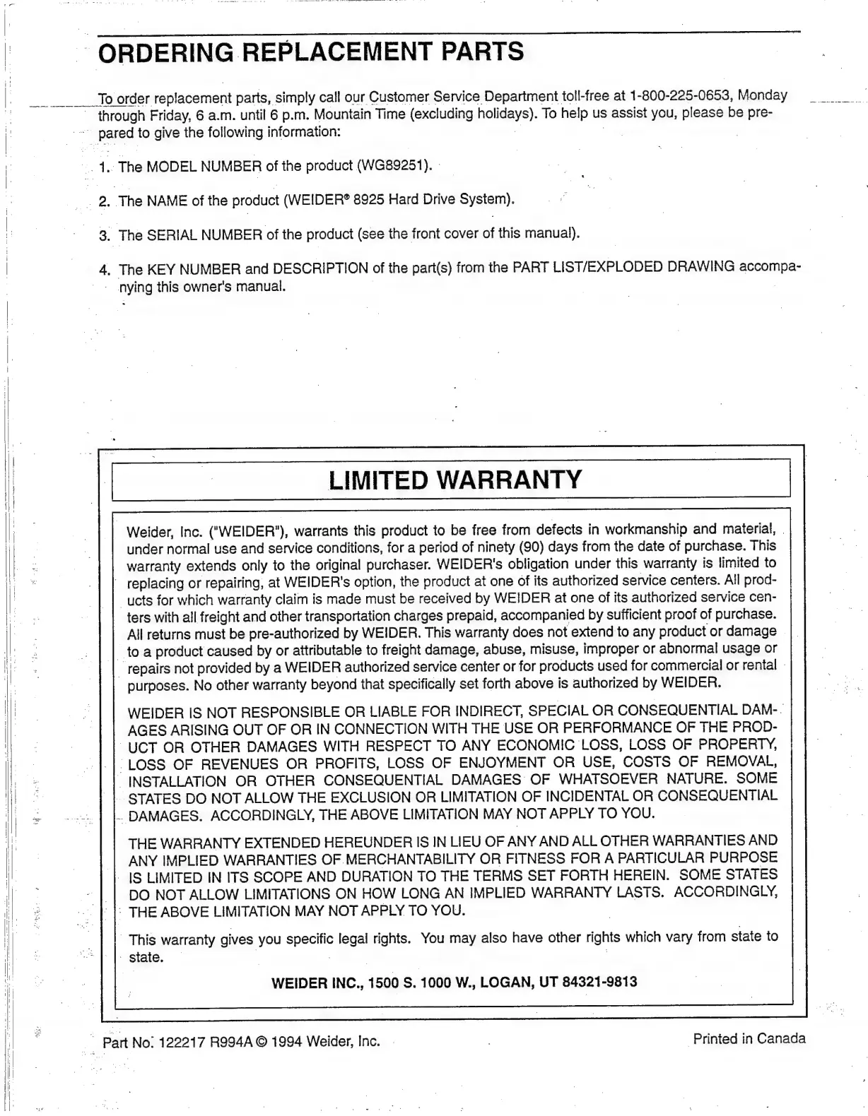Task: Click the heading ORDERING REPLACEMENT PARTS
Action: [311, 52]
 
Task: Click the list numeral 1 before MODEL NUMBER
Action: [104, 167]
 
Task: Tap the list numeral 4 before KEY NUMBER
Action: [104, 269]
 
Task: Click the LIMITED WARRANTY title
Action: [455, 480]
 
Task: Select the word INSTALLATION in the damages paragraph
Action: [177, 780]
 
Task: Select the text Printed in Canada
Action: [749, 1038]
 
